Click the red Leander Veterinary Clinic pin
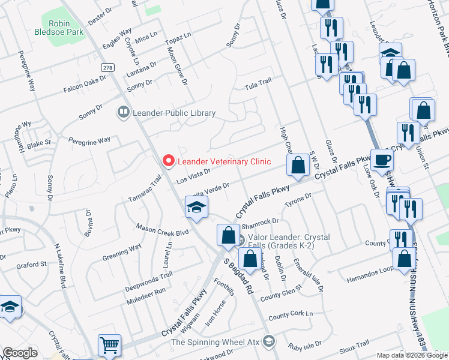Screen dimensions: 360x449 (168, 161)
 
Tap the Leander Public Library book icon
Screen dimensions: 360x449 (123, 112)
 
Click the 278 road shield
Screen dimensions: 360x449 (107, 67)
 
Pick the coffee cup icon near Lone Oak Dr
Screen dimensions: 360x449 (382, 160)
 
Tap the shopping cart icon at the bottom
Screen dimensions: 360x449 (109, 345)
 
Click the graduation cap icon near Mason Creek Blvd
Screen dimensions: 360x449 (196, 207)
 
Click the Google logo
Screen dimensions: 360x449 (20, 353)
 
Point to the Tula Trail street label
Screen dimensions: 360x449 (258, 87)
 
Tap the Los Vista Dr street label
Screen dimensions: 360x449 (192, 175)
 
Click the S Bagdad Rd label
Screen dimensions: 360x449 (238, 276)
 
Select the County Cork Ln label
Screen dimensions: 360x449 (291, 315)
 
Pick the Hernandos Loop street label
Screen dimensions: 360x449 (368, 278)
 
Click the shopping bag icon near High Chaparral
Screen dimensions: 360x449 (298, 164)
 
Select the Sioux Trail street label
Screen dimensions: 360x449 (354, 344)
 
